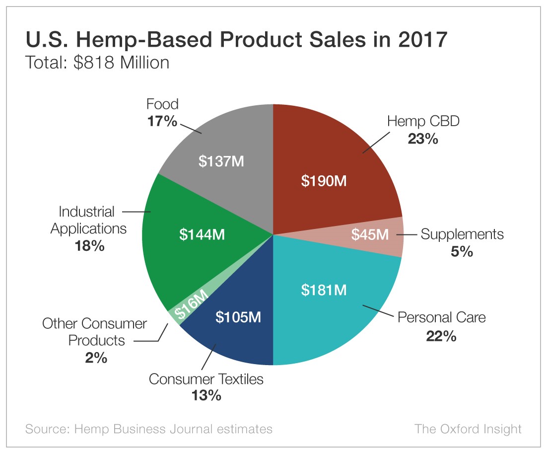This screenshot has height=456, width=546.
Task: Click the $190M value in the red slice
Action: [324, 181]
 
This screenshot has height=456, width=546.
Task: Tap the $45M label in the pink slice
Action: [370, 234]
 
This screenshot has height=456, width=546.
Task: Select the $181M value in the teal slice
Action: [324, 290]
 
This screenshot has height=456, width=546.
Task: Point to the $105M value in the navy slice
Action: [238, 316]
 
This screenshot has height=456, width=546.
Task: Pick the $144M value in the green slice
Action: [202, 234]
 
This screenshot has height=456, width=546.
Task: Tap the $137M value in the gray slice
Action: [221, 161]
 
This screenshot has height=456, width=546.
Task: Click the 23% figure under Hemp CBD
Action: [423, 139]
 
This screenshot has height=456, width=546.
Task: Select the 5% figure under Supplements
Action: [462, 252]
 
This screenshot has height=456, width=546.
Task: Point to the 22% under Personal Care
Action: [441, 336]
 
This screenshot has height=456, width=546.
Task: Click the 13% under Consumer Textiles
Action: [206, 395]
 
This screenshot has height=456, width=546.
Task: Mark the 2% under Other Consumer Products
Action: [96, 358]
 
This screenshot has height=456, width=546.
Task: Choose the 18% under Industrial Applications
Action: [90, 245]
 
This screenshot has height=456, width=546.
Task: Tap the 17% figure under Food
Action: [162, 121]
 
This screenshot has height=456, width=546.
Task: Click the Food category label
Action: [162, 104]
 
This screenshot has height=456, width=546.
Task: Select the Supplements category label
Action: [462, 234]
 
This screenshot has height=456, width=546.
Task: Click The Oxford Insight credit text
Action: [468, 429]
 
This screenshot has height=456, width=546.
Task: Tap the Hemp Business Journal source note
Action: [149, 429]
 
